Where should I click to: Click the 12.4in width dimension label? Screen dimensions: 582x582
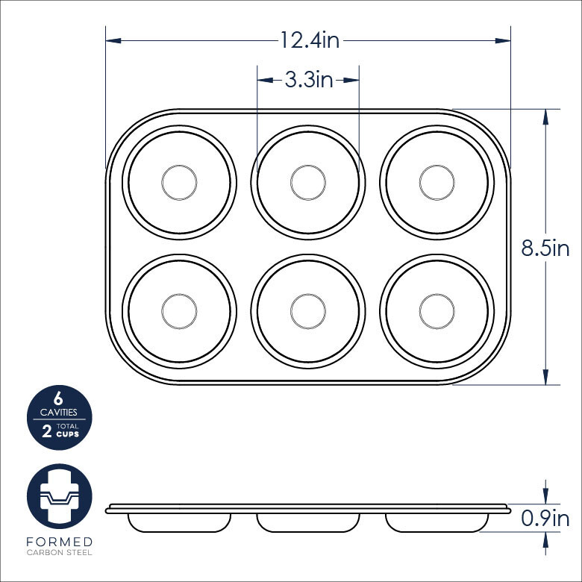pyautogui.click(x=310, y=40)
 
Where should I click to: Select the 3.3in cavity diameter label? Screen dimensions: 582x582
pyautogui.click(x=308, y=79)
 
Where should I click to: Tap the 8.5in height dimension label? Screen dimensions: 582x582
pyautogui.click(x=545, y=248)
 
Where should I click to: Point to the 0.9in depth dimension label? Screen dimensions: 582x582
pyautogui.click(x=545, y=518)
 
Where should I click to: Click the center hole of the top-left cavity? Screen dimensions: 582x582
pyautogui.click(x=179, y=181)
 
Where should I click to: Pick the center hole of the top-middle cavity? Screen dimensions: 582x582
pyautogui.click(x=308, y=181)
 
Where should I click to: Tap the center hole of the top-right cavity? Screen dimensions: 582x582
pyautogui.click(x=437, y=181)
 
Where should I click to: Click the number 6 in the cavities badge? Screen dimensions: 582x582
pyautogui.click(x=58, y=398)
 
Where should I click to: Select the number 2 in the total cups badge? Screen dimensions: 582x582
pyautogui.click(x=47, y=432)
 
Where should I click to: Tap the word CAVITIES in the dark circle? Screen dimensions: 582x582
pyautogui.click(x=58, y=412)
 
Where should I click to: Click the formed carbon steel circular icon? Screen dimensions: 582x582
pyautogui.click(x=59, y=495)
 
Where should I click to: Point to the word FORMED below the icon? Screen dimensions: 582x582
pyautogui.click(x=59, y=541)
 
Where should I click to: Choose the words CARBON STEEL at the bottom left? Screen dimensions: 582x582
pyautogui.click(x=59, y=553)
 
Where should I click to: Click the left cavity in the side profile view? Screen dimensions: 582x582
pyautogui.click(x=179, y=522)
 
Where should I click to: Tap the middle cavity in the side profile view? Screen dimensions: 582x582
pyautogui.click(x=308, y=522)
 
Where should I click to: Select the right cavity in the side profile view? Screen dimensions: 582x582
pyautogui.click(x=437, y=522)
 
